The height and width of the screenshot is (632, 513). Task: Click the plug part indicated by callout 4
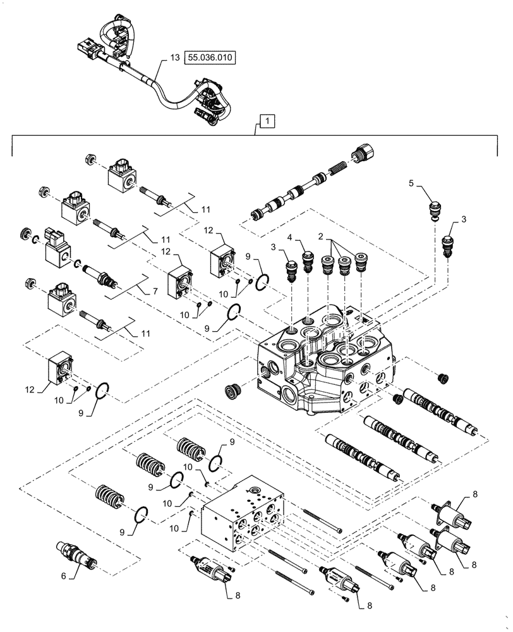pyautogui.click(x=308, y=258)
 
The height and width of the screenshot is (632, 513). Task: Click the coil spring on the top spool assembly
pyautogui.click(x=336, y=171)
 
